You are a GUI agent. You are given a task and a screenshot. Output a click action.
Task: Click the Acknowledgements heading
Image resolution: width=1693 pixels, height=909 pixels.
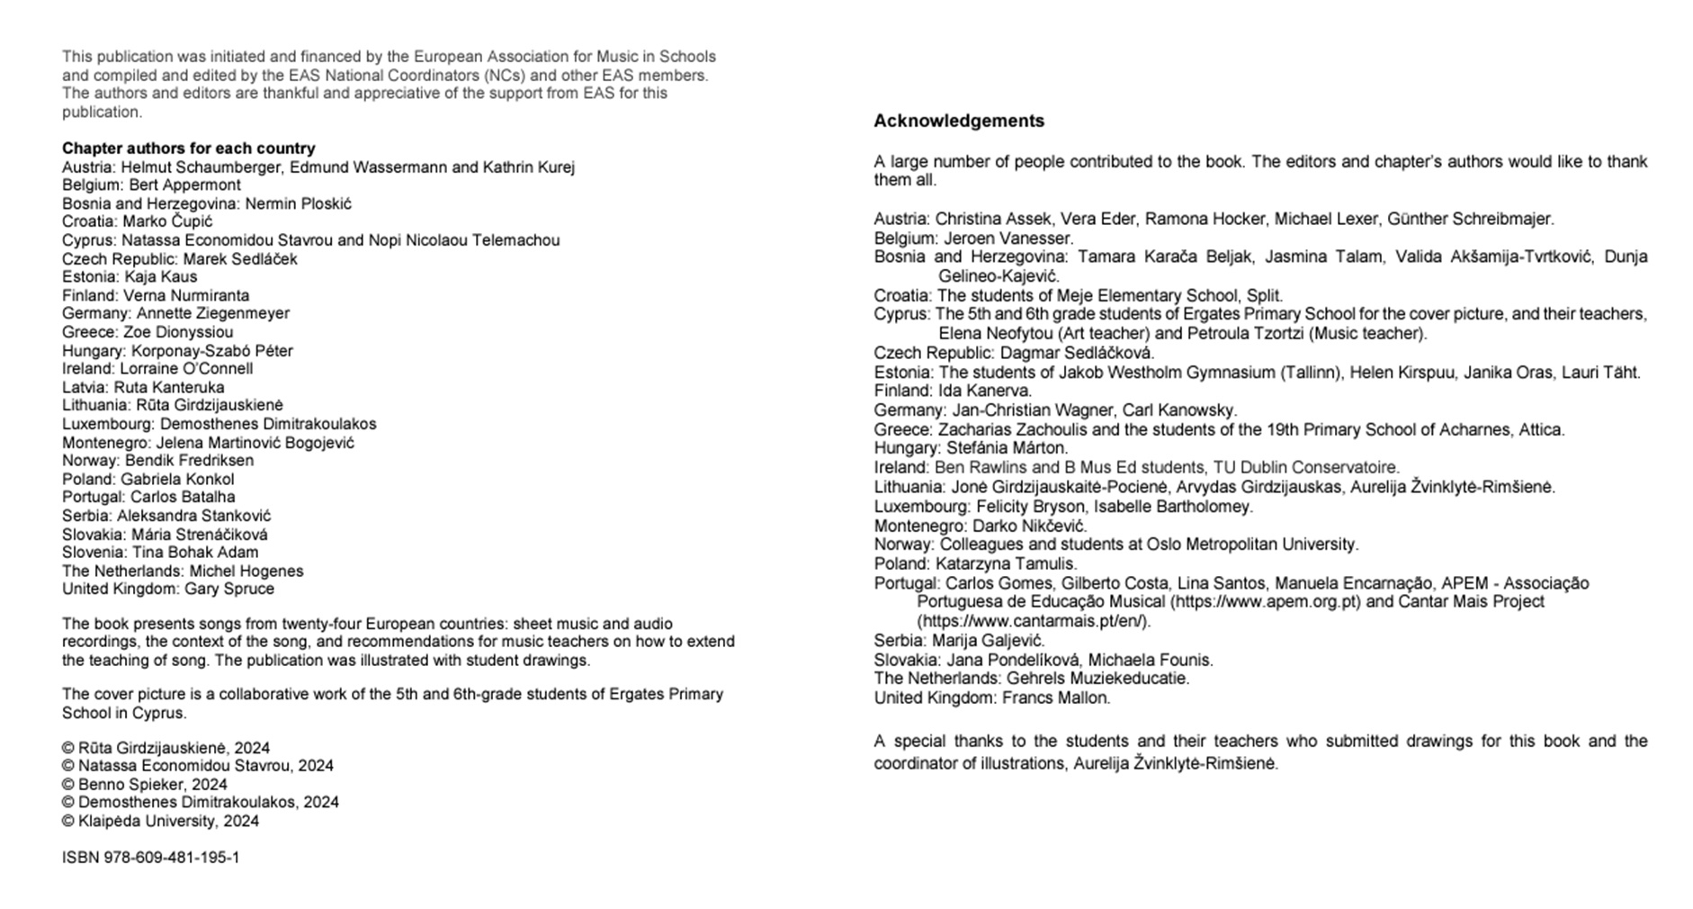pos(959,121)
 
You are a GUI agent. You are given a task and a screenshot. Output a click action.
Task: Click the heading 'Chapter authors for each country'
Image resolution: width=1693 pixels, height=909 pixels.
pos(188,148)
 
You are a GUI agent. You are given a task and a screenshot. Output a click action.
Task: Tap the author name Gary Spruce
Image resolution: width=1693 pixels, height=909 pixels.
pos(229,589)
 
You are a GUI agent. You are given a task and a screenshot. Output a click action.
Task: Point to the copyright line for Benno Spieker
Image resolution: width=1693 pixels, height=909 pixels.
pos(145,785)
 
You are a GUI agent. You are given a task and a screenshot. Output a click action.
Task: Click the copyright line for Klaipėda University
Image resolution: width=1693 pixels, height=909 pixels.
pos(160,822)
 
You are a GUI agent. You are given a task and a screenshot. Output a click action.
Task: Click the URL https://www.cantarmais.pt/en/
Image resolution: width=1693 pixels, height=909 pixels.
pos(1033,621)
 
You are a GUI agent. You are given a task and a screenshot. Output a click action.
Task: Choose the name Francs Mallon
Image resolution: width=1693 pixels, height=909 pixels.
pos(1056,698)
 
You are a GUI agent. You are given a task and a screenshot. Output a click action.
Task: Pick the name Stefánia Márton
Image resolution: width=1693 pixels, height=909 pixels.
pos(1007,448)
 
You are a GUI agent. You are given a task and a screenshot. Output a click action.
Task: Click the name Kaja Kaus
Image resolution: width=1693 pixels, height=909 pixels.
pos(160,277)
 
